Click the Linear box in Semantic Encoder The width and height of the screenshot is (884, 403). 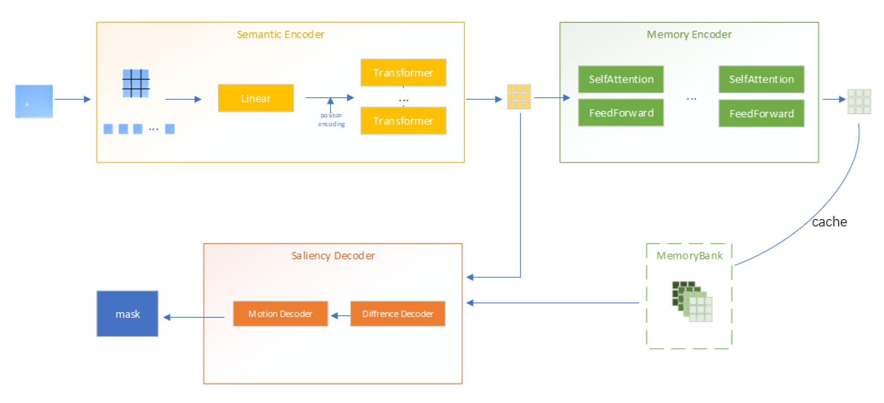255,98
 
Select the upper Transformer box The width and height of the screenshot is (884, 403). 403,73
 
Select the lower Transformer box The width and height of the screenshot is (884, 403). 403,121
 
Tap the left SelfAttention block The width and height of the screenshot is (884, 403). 621,79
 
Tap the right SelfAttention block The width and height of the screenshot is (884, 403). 761,79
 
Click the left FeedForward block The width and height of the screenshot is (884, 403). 621,113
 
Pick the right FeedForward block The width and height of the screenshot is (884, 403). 761,113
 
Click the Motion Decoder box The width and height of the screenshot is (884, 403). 280,314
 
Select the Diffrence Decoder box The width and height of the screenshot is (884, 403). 397,314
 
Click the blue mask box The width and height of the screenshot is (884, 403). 127,314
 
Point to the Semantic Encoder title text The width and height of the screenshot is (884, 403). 281,34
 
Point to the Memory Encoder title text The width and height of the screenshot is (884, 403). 689,34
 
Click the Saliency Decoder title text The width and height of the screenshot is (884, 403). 333,255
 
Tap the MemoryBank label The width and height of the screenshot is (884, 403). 689,255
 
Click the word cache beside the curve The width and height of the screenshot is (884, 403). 829,222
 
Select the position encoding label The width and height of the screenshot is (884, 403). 331,120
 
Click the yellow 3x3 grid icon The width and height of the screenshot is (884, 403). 519,97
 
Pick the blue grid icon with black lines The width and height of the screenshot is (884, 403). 136,83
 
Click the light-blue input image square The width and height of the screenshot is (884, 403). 34,101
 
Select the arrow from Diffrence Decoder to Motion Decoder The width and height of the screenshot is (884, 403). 340,316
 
